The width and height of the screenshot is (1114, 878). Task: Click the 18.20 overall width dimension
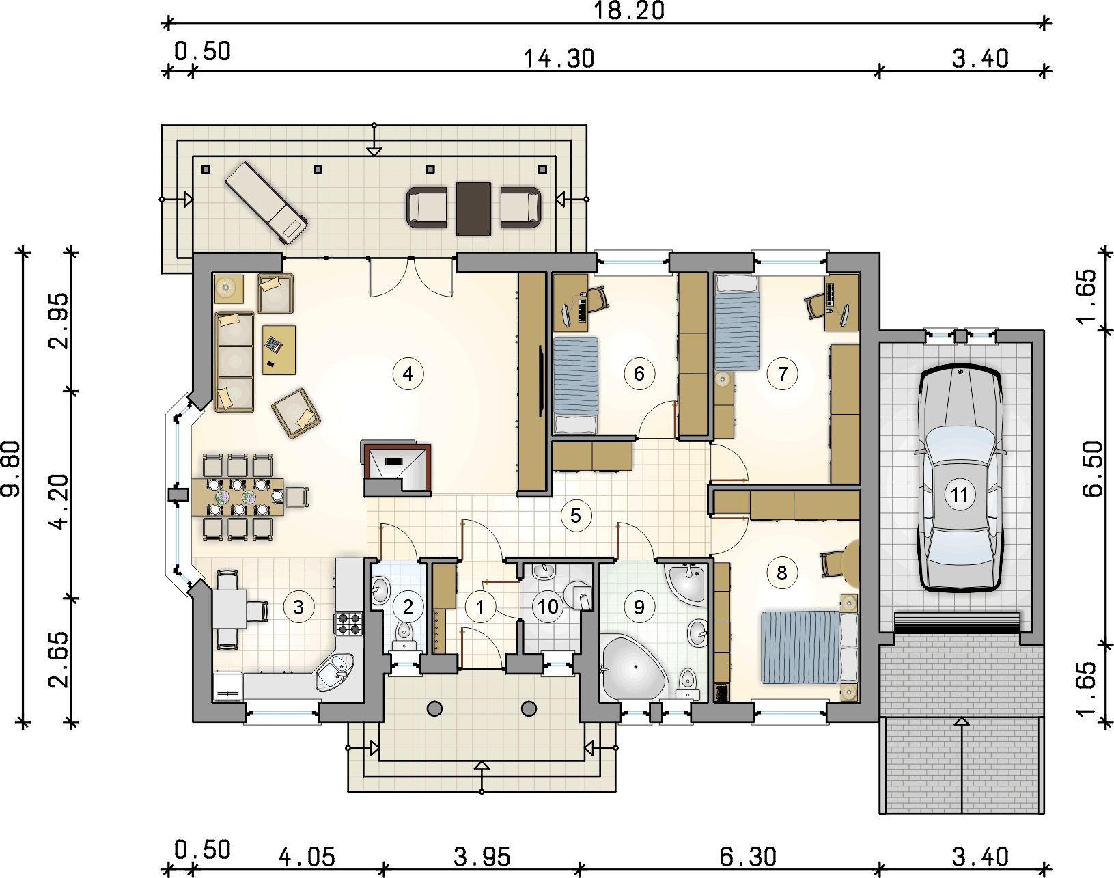(628, 11)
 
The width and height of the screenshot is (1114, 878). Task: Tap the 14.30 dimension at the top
(559, 59)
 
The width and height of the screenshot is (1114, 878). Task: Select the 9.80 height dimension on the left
(11, 469)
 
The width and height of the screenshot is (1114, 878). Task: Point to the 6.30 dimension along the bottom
(747, 858)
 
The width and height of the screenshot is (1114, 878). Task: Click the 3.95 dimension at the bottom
(482, 858)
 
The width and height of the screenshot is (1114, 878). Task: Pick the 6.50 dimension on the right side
(1093, 469)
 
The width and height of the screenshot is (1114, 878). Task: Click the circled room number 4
(408, 374)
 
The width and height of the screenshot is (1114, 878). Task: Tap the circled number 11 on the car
(960, 494)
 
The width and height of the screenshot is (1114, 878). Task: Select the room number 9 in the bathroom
(639, 607)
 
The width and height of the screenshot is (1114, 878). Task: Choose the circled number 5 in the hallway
(575, 515)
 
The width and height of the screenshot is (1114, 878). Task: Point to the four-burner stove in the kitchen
(349, 624)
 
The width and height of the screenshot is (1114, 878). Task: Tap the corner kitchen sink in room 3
(336, 672)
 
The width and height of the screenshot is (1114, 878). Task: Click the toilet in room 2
(404, 635)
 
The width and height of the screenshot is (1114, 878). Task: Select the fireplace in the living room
(397, 468)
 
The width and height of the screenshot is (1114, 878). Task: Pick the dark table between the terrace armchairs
(473, 209)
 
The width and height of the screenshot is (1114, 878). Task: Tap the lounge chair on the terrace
(266, 202)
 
